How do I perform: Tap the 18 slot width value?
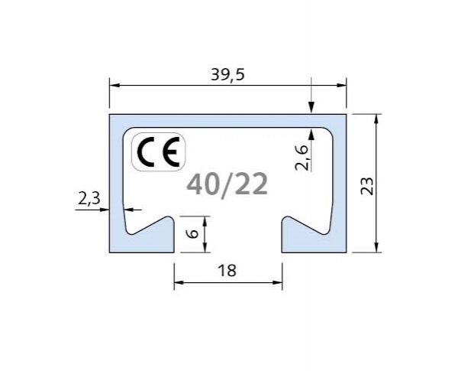click(227, 270)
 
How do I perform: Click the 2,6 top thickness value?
click(302, 157)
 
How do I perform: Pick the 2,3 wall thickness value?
click(89, 198)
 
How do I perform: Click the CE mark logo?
click(159, 153)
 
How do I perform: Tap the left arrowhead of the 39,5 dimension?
click(114, 86)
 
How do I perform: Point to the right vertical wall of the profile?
click(341, 184)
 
